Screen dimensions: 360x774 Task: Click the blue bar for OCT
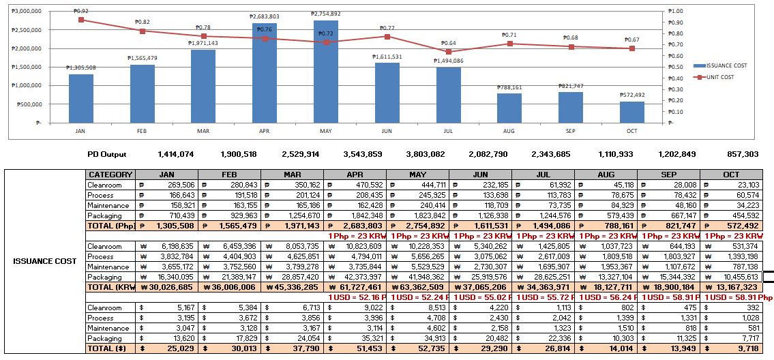point(631,112)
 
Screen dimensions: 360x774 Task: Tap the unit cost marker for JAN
point(81,20)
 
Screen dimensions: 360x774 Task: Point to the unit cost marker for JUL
point(448,52)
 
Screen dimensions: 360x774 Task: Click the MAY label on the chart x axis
point(326,131)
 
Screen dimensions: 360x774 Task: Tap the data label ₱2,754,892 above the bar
point(326,14)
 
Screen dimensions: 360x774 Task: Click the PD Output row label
point(107,155)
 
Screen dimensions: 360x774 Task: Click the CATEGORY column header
point(110,175)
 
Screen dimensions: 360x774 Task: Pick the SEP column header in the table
point(668,175)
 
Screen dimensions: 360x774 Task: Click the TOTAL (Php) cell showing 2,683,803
point(355,226)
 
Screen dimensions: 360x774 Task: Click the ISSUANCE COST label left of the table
point(45,261)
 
